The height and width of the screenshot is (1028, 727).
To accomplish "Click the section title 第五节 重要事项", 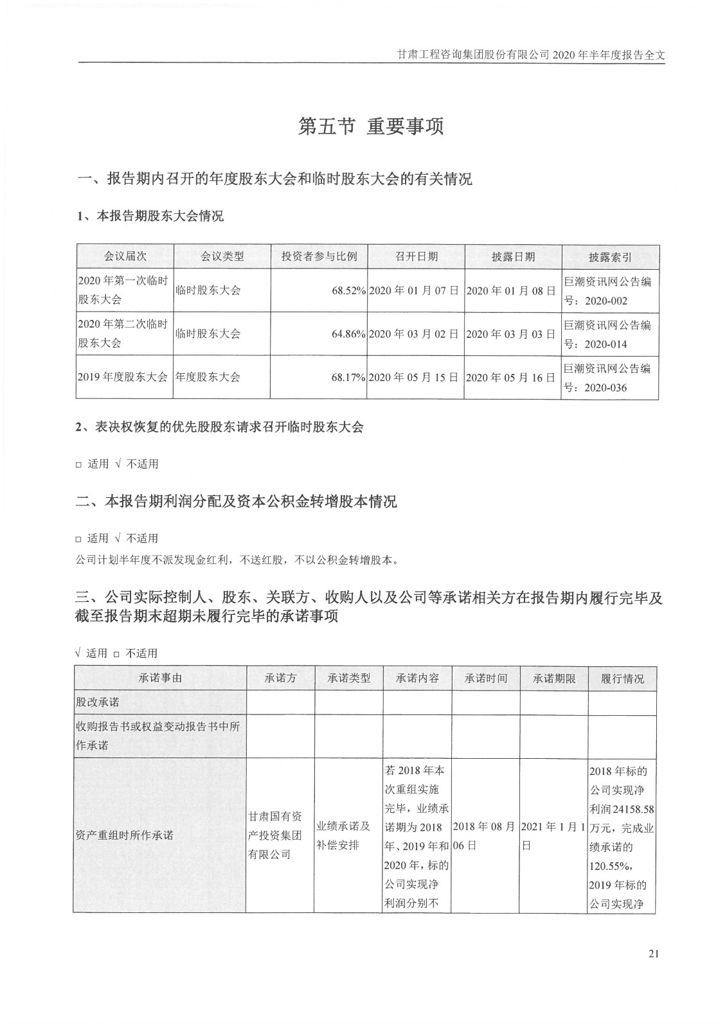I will [x=371, y=127].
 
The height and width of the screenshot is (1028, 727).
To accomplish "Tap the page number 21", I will [x=654, y=953].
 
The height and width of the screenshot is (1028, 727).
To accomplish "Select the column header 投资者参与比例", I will [x=319, y=256].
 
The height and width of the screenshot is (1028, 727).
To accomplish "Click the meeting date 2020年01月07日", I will [x=415, y=290].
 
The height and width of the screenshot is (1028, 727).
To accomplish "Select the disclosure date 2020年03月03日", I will [x=511, y=334].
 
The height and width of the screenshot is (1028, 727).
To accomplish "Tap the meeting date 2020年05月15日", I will [x=415, y=377].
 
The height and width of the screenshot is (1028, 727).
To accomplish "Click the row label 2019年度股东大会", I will [x=123, y=377].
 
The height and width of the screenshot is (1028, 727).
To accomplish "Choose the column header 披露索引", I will [x=610, y=257].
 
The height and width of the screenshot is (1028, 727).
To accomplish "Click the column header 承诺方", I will [x=280, y=678].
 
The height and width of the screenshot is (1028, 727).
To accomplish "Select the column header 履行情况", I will [x=622, y=678].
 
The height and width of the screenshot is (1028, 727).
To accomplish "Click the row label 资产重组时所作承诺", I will [x=125, y=835].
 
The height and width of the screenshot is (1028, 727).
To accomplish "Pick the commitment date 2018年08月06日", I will [x=485, y=835].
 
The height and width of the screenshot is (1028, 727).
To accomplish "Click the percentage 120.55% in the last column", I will [x=606, y=865].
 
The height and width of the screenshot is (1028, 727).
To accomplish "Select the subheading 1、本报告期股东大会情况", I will [x=150, y=216].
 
